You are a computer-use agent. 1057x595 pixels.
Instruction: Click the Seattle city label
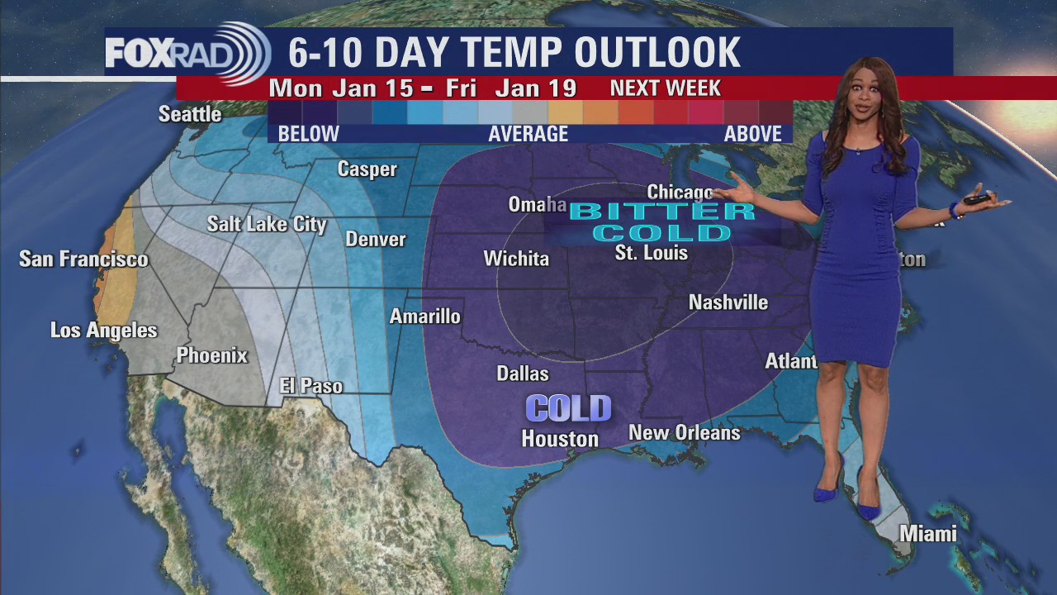(x=190, y=114)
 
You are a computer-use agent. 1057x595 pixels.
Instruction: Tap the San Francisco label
(x=83, y=259)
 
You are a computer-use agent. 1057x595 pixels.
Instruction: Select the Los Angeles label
(x=103, y=331)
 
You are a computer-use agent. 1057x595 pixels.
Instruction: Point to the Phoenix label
(x=211, y=356)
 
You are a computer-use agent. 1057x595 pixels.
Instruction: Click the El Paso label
(x=310, y=386)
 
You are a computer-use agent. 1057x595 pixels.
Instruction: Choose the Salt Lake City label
(x=267, y=224)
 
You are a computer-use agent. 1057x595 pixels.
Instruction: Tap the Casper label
(x=367, y=169)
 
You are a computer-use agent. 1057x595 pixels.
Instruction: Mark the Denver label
(x=376, y=240)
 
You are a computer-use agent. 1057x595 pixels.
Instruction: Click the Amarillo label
(x=424, y=317)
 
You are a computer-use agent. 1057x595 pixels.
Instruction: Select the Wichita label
(x=516, y=259)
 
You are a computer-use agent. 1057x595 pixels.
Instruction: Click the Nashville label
(x=728, y=303)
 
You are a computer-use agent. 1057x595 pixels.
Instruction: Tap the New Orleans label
(x=685, y=432)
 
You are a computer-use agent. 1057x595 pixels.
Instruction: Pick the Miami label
(x=928, y=534)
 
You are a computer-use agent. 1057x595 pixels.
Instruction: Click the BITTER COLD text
(x=662, y=221)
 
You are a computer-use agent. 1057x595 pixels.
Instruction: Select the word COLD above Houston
(x=569, y=408)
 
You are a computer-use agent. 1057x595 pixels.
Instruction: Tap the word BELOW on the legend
(x=308, y=134)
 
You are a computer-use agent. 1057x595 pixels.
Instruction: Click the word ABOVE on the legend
(x=752, y=134)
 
